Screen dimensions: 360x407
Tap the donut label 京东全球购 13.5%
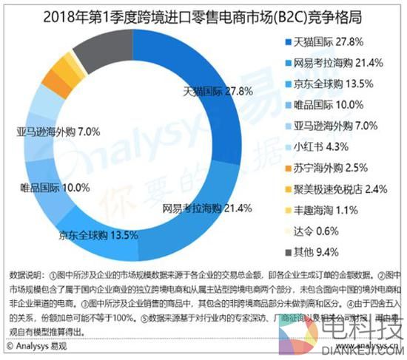[98, 236]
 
